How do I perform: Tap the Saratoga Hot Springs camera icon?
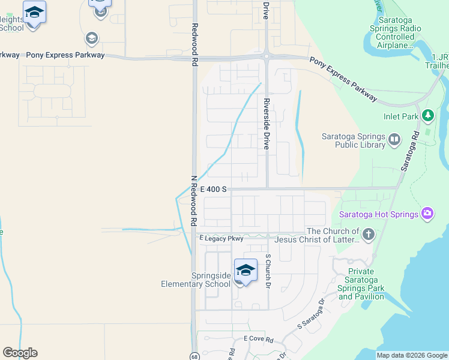point(427,213)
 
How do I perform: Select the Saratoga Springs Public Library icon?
point(394,140)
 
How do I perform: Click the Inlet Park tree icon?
point(427,115)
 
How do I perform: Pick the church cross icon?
point(368,235)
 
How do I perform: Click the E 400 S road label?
point(213,189)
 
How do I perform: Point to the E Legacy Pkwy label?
point(221,238)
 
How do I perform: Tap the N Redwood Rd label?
point(194,199)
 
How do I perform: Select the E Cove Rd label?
point(258,339)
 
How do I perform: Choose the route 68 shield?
point(194,356)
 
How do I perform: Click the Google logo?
point(20,353)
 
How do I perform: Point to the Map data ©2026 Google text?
point(411,355)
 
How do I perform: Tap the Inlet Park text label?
point(401,117)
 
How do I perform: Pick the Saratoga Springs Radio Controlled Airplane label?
point(391,37)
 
